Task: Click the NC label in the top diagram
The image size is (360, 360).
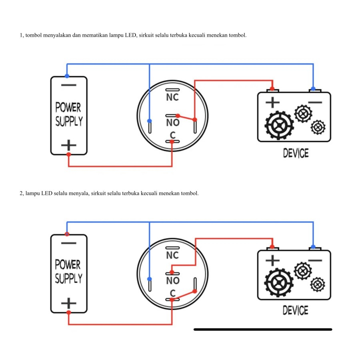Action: point(172,97)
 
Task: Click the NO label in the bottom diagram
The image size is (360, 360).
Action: point(172,281)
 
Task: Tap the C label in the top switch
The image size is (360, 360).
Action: point(173,135)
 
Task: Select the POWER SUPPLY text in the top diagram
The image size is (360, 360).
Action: point(68,114)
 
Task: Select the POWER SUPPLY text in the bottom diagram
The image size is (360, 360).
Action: point(68,272)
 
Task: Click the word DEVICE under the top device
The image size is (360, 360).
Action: point(296,153)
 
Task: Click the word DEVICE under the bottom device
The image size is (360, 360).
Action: point(296,310)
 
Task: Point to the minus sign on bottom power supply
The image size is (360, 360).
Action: point(68,243)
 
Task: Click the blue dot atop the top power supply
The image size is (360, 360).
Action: point(67,76)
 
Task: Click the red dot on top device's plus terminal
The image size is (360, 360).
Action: point(272,88)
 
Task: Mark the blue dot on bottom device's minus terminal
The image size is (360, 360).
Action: point(314,247)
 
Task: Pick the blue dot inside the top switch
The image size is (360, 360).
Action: point(149,121)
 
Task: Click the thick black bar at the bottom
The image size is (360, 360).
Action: point(263,329)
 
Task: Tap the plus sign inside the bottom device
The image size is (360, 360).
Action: point(272,260)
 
